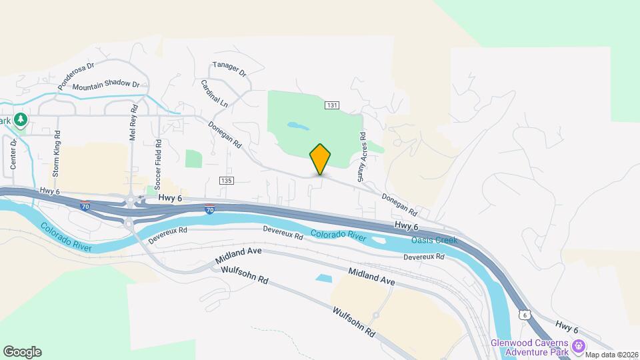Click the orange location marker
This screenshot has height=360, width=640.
(320, 159)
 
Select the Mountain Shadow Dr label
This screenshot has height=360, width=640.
(106, 86)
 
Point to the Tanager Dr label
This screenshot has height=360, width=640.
(229, 69)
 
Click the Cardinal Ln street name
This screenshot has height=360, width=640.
(214, 94)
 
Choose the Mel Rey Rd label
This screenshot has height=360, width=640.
(135, 121)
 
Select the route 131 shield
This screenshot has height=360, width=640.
(333, 105)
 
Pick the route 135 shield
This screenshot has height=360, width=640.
(227, 181)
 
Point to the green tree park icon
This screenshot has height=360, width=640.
(21, 119)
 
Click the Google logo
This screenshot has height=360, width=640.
(22, 351)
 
